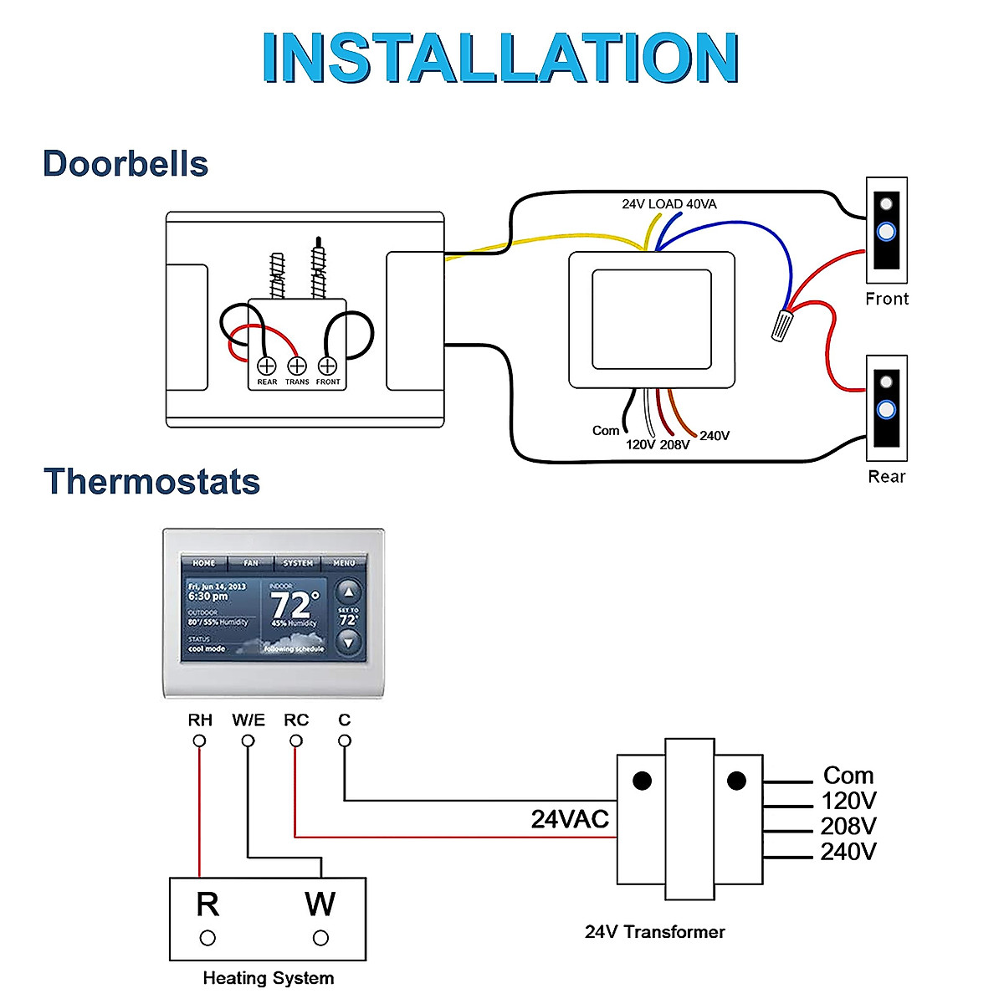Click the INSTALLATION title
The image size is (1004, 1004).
point(500,58)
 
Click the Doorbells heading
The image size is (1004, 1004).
point(125,164)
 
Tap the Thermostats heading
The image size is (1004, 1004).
point(151,482)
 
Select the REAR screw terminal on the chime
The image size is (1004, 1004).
point(266,366)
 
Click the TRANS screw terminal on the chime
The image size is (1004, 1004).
point(297,366)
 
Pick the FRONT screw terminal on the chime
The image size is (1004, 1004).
point(328,366)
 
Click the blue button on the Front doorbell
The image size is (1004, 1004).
point(886,231)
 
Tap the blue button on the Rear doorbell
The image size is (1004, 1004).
point(886,410)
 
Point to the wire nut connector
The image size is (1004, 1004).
point(782,325)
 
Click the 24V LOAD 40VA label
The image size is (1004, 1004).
point(668,204)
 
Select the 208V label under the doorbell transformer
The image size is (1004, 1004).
point(674,445)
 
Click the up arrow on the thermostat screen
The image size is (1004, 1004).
point(348,592)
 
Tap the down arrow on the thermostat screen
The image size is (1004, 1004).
point(348,642)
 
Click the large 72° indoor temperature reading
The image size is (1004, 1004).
point(295,604)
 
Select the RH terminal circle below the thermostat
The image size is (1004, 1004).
point(199,740)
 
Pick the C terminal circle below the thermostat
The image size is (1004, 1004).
point(344,740)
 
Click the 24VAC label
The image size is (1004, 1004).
point(570,819)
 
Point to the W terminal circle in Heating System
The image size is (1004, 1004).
point(320,938)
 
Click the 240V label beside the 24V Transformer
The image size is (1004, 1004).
point(848,852)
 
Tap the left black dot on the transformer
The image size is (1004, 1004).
point(642,781)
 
